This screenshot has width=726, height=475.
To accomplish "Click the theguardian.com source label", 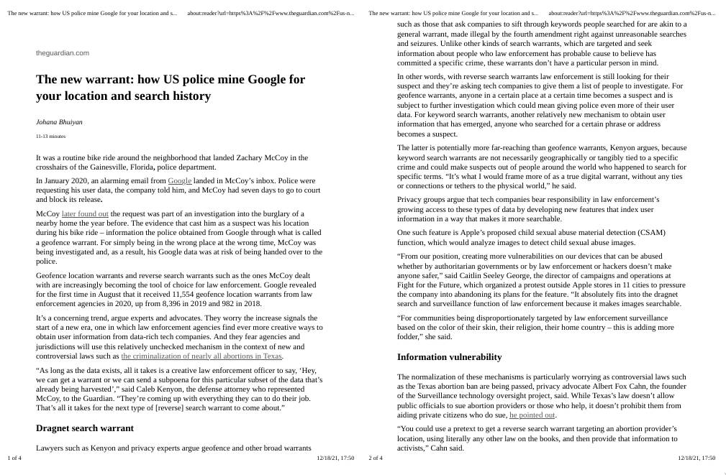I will pyautogui.click(x=63, y=53).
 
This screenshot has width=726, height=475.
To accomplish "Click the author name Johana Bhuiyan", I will pyautogui.click(x=59, y=122).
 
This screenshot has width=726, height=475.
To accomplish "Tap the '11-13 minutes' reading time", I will pyautogui.click(x=50, y=136).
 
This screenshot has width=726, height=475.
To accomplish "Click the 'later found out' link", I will pyautogui.click(x=85, y=213).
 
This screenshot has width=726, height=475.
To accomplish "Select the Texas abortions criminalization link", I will pyautogui.click(x=201, y=356).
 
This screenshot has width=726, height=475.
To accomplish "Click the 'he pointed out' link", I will pyautogui.click(x=532, y=415).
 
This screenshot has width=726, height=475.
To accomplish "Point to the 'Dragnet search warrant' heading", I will pyautogui.click(x=84, y=428).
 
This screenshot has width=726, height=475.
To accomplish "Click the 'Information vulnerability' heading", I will pyautogui.click(x=449, y=357).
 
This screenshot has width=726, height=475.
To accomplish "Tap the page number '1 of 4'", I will pyautogui.click(x=14, y=458).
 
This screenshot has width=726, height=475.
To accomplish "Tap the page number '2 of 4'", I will pyautogui.click(x=376, y=458).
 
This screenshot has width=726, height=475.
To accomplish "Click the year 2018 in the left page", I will pyautogui.click(x=252, y=303).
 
